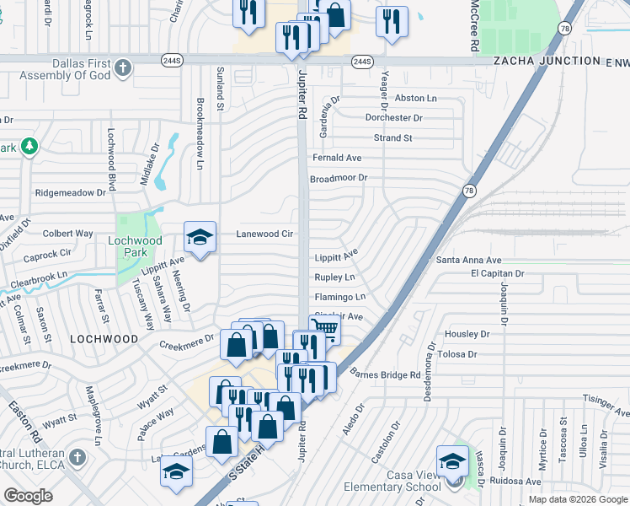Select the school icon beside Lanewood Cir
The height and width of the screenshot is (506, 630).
click(200, 238)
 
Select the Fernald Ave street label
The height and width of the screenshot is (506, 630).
click(337, 158)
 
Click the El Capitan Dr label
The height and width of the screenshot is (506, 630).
click(497, 274)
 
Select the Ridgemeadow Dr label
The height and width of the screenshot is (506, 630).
click(70, 192)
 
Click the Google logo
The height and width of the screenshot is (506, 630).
click(28, 496)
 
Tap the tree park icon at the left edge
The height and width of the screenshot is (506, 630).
click(29, 146)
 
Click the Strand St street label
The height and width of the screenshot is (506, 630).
click(393, 137)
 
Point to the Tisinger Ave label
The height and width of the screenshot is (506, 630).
click(609, 406)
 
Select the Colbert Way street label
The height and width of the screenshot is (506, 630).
click(67, 233)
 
